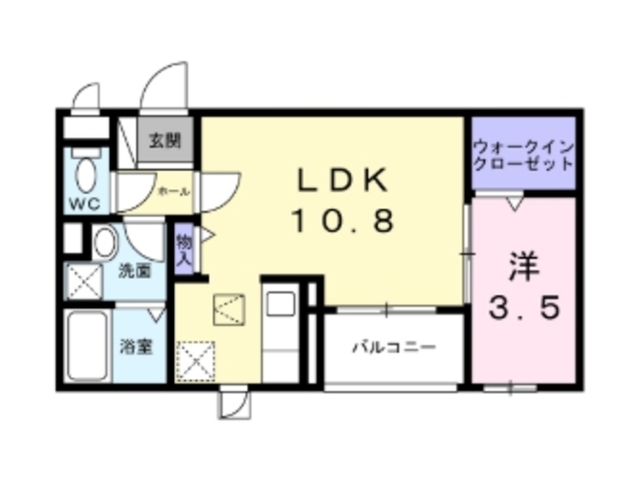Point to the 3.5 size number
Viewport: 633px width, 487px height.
(x=524, y=308)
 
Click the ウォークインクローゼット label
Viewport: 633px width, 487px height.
(x=522, y=153)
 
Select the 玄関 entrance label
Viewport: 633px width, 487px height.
(x=165, y=139)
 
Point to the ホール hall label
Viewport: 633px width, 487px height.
(x=174, y=191)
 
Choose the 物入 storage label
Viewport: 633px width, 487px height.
(x=183, y=250)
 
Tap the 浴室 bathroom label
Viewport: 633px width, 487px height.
(x=136, y=348)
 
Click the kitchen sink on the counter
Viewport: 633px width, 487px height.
(x=279, y=301)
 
